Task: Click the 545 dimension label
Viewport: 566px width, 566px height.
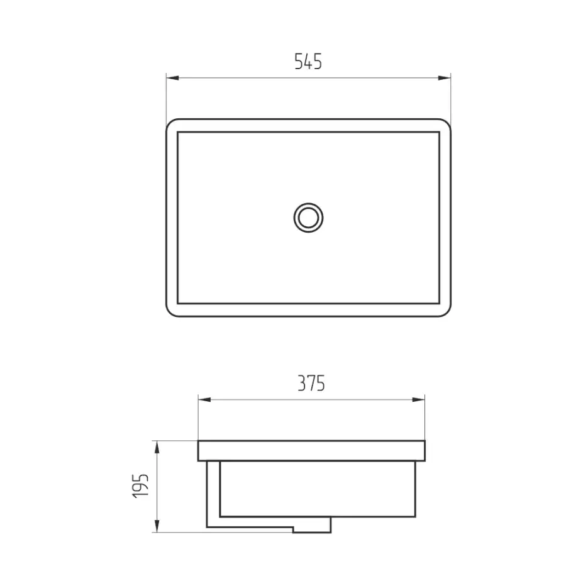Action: [308, 62]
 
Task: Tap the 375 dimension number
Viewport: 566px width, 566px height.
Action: [311, 384]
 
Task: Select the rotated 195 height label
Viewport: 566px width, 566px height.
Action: [140, 486]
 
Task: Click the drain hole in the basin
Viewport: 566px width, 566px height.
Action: [308, 218]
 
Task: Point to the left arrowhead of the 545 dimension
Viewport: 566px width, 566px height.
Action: [172, 77]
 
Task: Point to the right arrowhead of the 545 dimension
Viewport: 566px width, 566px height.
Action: [445, 77]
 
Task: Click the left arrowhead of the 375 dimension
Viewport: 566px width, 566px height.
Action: [204, 399]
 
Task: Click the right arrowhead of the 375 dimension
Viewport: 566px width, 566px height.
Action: [418, 399]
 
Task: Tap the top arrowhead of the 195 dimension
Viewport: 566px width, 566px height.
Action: [157, 447]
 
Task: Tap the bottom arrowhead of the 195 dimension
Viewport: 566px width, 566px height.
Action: [157, 526]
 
